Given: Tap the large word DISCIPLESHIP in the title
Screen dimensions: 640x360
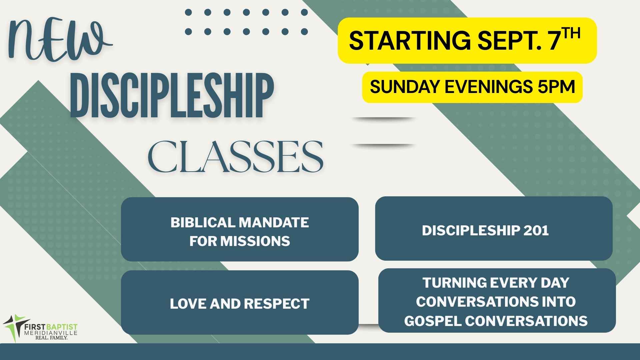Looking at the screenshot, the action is pos(172,96).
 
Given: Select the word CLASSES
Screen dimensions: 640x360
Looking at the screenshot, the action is pos(235,156).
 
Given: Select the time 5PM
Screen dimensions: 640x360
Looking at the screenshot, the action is pos(556,87).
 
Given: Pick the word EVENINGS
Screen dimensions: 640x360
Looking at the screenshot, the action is pos(488,87).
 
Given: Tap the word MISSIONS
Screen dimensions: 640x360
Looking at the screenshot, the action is pos(255,241).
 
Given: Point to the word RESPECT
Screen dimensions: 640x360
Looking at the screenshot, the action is pos(277,304).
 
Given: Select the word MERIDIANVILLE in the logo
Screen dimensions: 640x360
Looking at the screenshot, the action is pos(51,333).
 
